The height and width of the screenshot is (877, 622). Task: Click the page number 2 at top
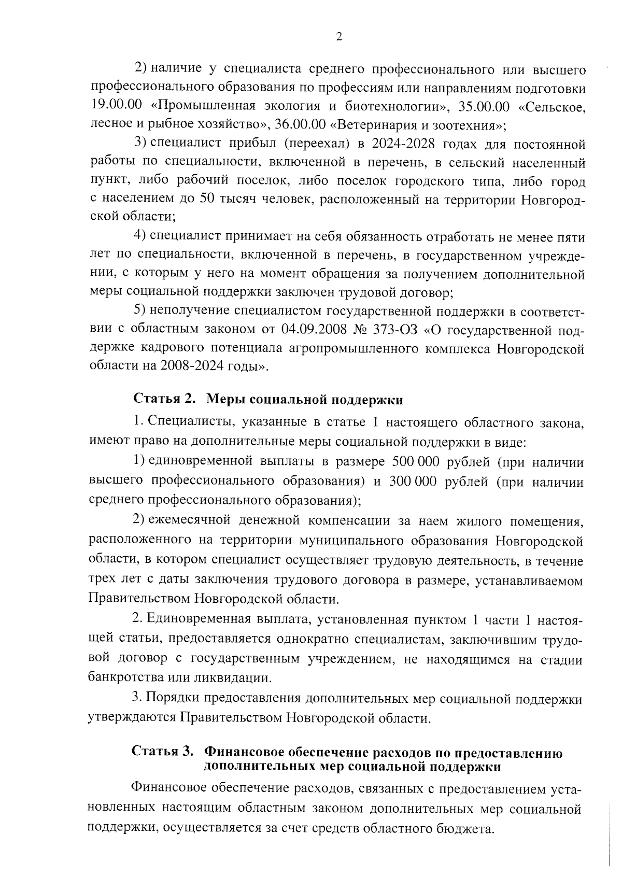click(339, 36)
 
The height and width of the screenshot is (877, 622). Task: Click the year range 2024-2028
click(403, 144)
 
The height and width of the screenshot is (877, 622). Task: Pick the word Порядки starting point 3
click(173, 699)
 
